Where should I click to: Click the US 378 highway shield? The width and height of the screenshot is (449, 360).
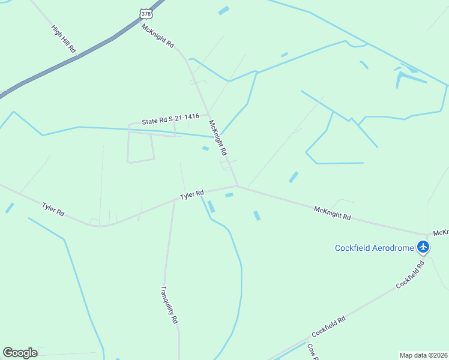coord(146,13)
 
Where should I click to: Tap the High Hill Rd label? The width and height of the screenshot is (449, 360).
coord(63,40)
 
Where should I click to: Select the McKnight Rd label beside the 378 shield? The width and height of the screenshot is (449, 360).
coord(157,35)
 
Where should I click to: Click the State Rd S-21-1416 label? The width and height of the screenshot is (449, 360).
coord(170,119)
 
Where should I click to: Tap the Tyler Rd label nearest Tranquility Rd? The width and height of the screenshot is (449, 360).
coord(193,195)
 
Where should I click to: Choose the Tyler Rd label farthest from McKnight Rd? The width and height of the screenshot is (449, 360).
coord(53,209)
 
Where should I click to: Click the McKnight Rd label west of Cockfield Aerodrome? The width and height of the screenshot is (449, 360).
coord(332,213)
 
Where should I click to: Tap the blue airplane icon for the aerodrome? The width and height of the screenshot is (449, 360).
coord(424,247)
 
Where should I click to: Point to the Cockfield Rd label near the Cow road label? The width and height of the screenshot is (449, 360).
coord(328,326)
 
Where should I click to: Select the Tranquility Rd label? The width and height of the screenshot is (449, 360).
coord(169,304)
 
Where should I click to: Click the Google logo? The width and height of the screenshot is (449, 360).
coord(20,353)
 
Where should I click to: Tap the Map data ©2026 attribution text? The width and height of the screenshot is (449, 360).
coord(423,355)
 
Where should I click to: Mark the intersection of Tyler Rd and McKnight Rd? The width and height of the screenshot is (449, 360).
coord(238,187)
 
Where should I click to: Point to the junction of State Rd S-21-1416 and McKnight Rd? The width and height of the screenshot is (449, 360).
coord(208,114)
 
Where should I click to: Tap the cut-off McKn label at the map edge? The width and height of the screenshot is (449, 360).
coord(441,232)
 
